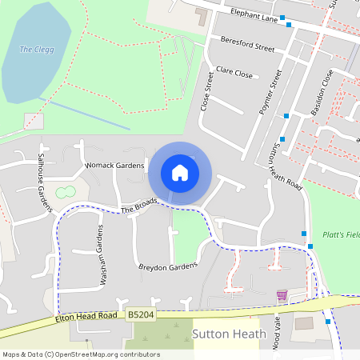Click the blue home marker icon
[180, 172]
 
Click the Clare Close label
[234, 73]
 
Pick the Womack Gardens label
[115, 165]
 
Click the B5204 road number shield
[140, 316]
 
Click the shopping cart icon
[282, 295]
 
